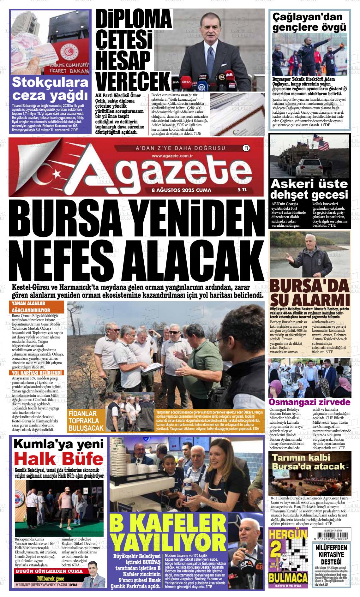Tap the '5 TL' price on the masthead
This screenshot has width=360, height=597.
pyautogui.click(x=242, y=190)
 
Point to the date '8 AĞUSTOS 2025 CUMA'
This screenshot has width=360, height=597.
pyautogui.click(x=181, y=190)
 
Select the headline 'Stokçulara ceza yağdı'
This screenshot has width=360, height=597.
pyautogui.click(x=50, y=89)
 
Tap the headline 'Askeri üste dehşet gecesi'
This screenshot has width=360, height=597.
pyautogui.click(x=309, y=189)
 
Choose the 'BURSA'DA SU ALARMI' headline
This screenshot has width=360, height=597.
pyautogui.click(x=309, y=292)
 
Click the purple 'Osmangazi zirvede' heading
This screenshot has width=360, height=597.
pyautogui.click(x=309, y=402)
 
